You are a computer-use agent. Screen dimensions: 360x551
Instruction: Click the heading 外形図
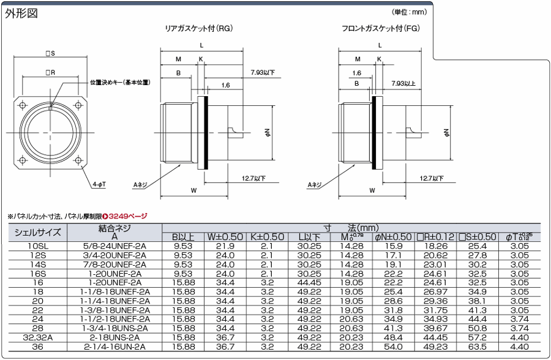[21, 13]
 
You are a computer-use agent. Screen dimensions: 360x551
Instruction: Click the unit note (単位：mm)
[408, 12]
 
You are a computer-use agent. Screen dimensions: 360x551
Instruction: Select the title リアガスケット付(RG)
[199, 28]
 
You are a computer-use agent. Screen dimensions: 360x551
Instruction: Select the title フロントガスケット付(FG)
[380, 28]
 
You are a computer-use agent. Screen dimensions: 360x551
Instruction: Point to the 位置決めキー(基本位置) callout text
[120, 82]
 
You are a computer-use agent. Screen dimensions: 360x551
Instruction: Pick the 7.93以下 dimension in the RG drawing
[263, 72]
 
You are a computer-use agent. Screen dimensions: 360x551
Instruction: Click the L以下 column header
[309, 237]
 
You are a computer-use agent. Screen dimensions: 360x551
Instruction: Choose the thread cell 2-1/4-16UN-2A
[114, 347]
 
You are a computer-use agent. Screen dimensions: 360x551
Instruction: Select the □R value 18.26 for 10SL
[436, 246]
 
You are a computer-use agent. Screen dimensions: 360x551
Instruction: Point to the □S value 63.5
[478, 347]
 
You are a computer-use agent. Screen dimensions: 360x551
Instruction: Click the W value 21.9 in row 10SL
[225, 246]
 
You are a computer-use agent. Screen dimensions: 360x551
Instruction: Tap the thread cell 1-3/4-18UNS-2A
[114, 328]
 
